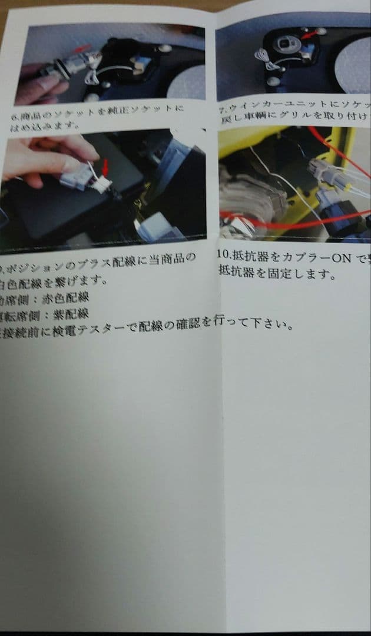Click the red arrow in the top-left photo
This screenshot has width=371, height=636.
82,48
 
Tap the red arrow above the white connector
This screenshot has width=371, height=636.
106,167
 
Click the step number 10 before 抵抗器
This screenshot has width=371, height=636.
224,257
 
